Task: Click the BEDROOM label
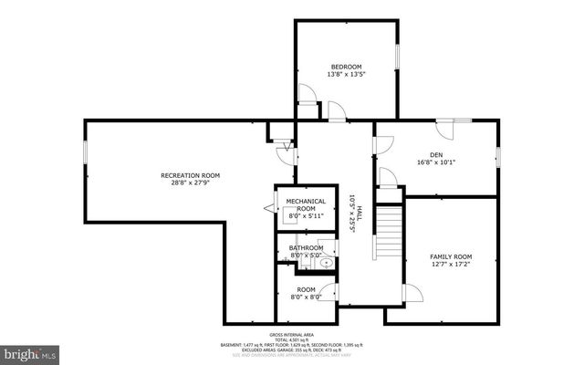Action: click(346, 67)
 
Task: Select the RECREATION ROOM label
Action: click(191, 174)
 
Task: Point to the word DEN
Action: click(436, 154)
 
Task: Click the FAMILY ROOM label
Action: click(451, 256)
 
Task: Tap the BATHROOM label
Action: click(306, 247)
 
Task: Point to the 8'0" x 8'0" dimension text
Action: click(306, 297)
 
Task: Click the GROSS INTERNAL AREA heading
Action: click(292, 336)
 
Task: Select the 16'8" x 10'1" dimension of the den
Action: click(436, 163)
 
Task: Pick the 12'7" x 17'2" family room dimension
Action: click(451, 266)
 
